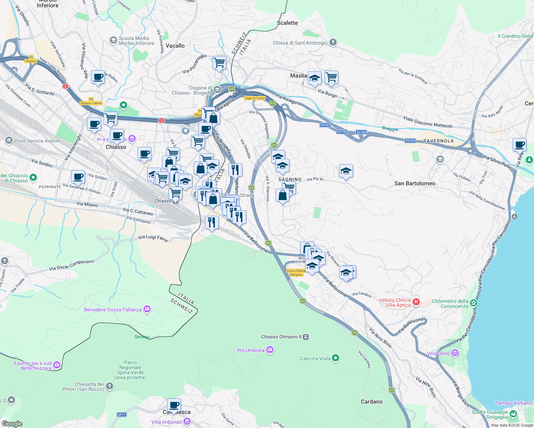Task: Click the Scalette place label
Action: pos(287,23)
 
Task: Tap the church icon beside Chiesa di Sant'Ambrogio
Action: pos(333,43)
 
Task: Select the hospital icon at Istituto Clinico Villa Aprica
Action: pos(416,302)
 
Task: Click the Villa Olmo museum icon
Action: pos(455,353)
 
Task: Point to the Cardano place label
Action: pos(371,402)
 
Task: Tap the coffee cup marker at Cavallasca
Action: pos(174,406)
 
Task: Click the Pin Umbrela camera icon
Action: pos(270,350)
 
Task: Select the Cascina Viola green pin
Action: pos(335,358)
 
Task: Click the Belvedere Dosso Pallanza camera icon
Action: pos(147,309)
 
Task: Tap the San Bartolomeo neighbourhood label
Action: pos(415,183)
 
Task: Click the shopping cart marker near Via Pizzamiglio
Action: pos(219,63)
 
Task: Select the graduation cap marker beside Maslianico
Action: pos(314,78)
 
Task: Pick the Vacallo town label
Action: pos(175,46)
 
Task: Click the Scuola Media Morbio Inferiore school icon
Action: pos(114,40)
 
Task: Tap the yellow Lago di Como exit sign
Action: pos(255,98)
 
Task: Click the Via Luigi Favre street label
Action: pos(153,238)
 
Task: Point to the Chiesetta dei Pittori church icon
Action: pos(110,386)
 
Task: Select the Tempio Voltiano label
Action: pos(513,403)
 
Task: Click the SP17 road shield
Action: pos(122,414)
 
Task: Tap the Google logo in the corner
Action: pos(12,423)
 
